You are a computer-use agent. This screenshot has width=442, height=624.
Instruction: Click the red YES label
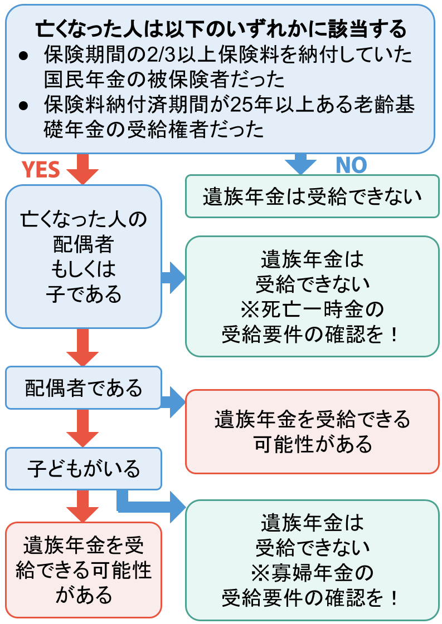41,169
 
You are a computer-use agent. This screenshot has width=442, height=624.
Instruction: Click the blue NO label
351,165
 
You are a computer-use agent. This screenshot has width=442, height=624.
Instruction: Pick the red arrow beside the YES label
82,169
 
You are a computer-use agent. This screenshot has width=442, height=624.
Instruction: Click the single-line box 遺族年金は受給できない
312,196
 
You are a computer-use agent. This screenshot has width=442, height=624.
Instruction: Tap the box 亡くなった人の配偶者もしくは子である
84,256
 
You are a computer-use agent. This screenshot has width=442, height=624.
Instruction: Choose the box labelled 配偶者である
84,388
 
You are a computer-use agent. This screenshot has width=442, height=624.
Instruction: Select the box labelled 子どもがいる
84,469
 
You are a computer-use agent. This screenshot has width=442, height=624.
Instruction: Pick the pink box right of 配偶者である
312,431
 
